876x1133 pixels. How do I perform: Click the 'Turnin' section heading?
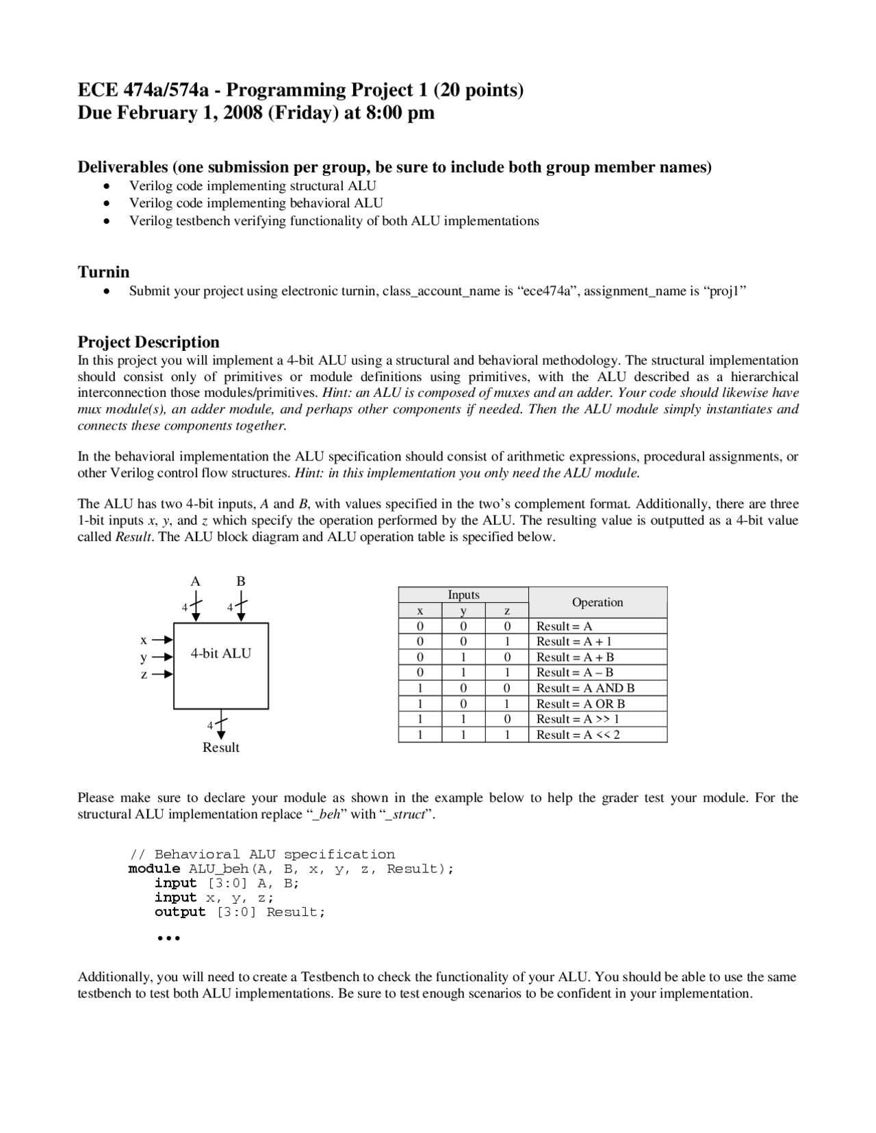point(103,272)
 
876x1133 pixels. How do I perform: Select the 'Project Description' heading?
point(149,342)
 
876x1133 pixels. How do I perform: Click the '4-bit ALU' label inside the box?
point(220,653)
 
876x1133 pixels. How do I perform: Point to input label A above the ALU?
point(195,581)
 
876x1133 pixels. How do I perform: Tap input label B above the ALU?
point(241,581)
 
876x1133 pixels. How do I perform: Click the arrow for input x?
point(163,640)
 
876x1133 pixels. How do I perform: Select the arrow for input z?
point(163,675)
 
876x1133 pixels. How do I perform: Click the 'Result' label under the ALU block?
point(220,747)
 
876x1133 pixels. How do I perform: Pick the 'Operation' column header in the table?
point(597,602)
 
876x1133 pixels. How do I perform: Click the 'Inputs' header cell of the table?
point(463,595)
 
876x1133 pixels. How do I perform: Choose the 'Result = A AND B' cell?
point(585,688)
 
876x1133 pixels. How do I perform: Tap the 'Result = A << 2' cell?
point(578,735)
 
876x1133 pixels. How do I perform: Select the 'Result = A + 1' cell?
point(574,641)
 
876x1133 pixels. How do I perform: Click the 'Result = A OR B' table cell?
point(580,703)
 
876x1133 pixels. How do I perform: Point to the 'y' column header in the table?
point(463,610)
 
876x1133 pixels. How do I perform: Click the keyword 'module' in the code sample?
point(154,869)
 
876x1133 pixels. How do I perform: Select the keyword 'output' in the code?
point(179,912)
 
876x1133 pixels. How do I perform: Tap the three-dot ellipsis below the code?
point(168,938)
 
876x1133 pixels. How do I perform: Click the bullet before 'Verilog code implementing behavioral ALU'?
point(106,203)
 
